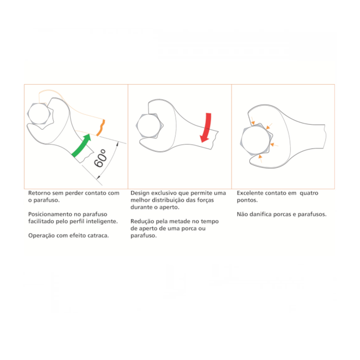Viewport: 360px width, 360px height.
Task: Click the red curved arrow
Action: (x=207, y=127)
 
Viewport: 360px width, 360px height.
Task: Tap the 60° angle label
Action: (x=101, y=158)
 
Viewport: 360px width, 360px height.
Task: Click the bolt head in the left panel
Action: (x=39, y=114)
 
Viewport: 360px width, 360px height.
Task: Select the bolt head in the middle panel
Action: (x=150, y=126)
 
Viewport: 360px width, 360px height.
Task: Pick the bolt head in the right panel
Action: (x=255, y=140)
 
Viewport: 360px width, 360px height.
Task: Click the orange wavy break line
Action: (x=101, y=127)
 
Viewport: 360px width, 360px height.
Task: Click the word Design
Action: (x=140, y=193)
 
